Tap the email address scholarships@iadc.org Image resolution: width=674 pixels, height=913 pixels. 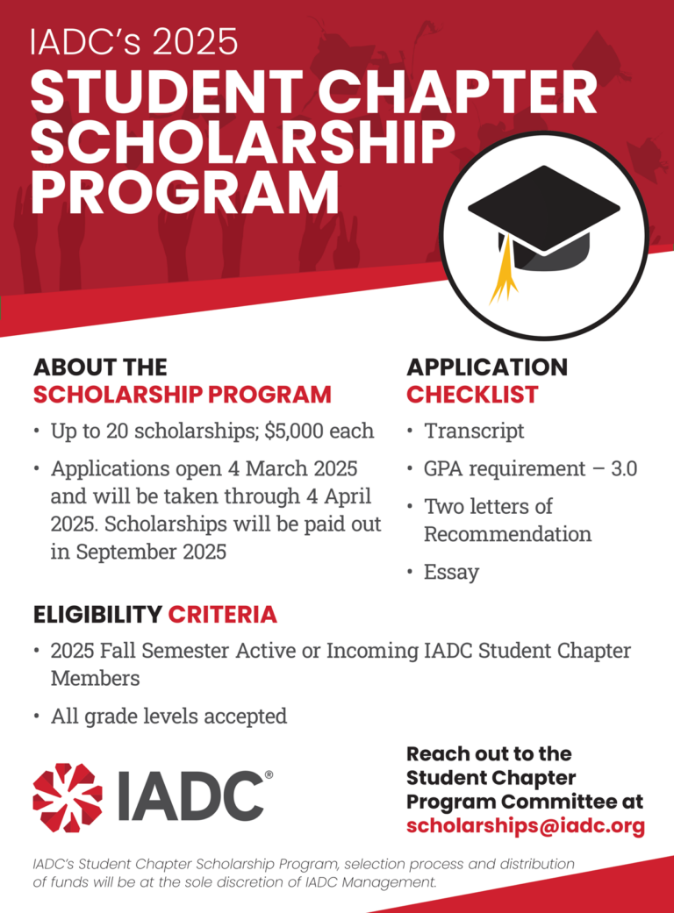coord(525,825)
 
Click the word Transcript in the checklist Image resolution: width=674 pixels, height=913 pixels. coord(474,432)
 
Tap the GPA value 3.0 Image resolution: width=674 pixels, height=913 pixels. coord(623,468)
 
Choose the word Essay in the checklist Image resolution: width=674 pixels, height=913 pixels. coord(451,572)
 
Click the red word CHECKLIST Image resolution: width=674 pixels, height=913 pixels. coord(472,395)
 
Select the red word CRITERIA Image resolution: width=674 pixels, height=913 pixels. coord(222,615)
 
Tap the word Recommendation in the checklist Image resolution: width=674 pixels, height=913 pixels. coord(507,533)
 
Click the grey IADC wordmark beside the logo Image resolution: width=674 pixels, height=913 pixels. coord(189,795)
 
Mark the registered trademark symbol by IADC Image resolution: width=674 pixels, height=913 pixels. coord(269,775)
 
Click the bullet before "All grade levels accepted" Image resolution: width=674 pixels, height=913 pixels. coord(36,717)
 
